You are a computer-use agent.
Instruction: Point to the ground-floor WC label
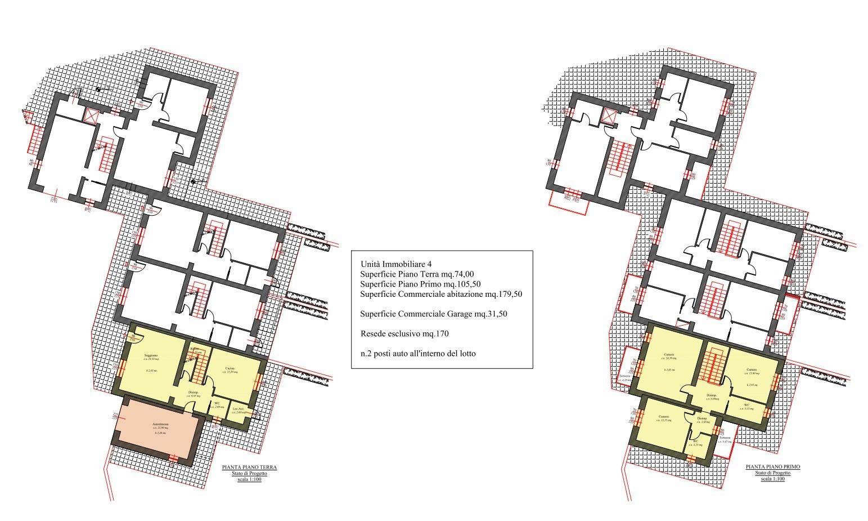(217, 403)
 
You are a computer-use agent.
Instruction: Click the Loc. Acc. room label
(239, 409)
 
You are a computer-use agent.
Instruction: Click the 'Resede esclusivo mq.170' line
(404, 333)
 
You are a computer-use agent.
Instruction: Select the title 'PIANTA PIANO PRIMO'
(773, 467)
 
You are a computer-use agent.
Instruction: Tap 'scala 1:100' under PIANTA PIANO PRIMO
(773, 479)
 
